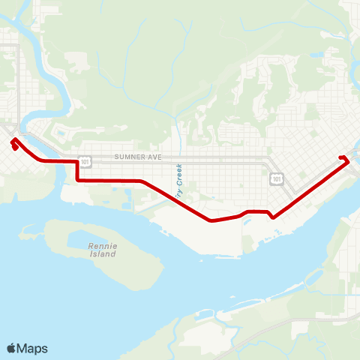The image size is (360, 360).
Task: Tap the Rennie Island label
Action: [103, 250]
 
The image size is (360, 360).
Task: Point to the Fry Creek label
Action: [179, 181]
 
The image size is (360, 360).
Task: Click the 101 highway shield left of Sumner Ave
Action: [85, 161]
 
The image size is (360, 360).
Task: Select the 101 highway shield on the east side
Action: [277, 178]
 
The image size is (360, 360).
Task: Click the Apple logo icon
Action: [11, 348]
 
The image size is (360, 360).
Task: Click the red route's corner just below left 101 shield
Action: [77, 180]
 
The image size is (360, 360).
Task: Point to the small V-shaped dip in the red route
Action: [272, 217]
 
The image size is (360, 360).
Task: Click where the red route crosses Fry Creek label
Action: [177, 197]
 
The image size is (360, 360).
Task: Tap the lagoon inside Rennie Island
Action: [90, 238]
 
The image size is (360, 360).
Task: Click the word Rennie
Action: [103, 246]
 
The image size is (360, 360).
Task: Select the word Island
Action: [103, 254]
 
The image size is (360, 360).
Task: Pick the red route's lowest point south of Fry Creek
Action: [211, 220]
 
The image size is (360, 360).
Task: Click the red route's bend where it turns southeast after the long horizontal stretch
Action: [142, 181]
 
